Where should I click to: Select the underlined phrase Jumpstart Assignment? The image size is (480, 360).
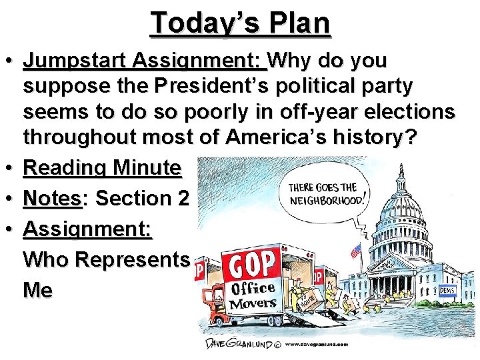(x=144, y=61)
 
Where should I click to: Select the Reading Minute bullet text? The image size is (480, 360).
(x=102, y=169)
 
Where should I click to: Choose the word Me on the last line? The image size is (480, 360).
(x=37, y=290)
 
